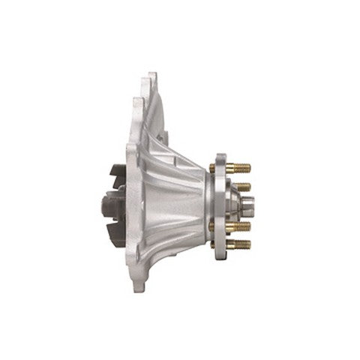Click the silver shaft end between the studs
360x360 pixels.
coord(251,204)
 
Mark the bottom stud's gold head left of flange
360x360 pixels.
coord(212,243)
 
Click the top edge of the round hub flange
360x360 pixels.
coord(220,156)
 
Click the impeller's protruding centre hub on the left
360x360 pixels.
coord(103,202)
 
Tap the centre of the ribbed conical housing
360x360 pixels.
coord(169,202)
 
